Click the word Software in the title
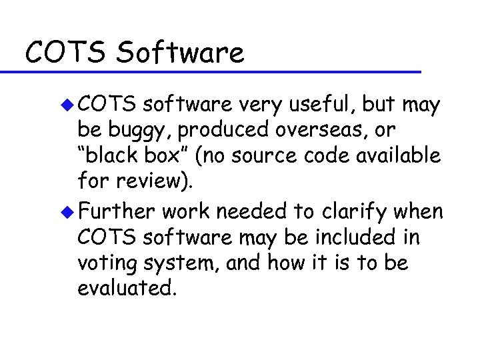tap(180, 52)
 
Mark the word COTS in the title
tap(65, 52)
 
